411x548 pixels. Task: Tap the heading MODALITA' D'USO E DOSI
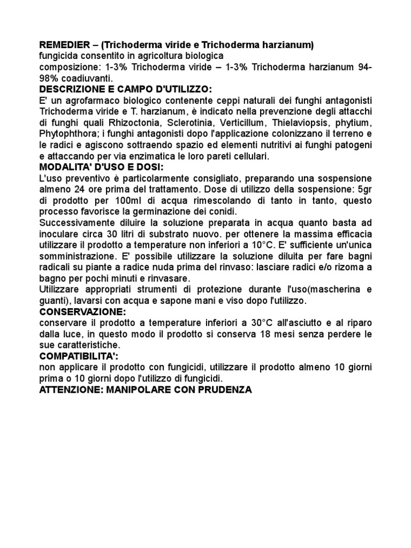101,168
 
